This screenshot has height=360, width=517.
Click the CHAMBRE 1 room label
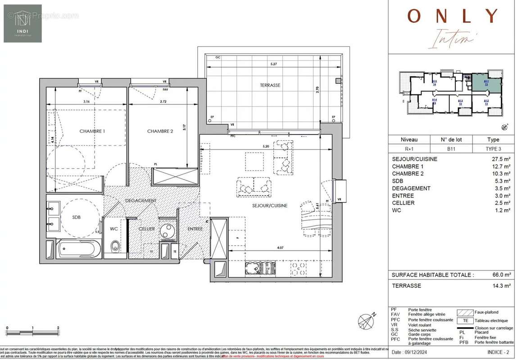click(x=92, y=131)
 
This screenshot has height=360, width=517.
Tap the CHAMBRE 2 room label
click(x=160, y=131)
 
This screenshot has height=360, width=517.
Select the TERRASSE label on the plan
click(x=270, y=85)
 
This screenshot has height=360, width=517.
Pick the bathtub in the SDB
click(x=78, y=249)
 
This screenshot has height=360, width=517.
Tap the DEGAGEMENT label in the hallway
click(x=141, y=201)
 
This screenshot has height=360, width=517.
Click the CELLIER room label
click(x=146, y=229)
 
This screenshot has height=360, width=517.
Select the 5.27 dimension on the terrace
click(x=273, y=64)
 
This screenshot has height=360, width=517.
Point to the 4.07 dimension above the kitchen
click(x=280, y=247)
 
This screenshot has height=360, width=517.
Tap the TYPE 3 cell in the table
click(x=493, y=148)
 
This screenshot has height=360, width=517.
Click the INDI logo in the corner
click(x=23, y=23)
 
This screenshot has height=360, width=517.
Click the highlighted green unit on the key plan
click(x=486, y=84)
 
